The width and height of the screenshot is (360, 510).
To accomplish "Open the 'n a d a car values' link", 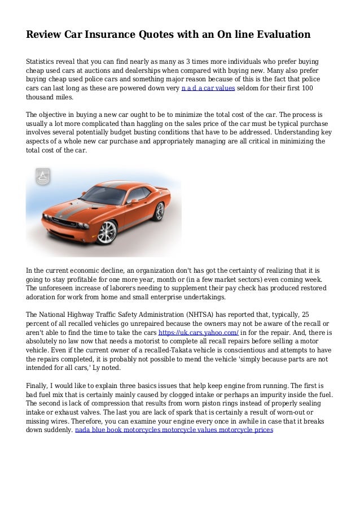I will [208, 89].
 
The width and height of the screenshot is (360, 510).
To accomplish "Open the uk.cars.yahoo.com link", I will [191, 333].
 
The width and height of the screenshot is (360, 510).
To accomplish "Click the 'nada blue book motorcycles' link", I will [117, 430].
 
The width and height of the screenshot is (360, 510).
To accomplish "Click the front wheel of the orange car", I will [106, 232].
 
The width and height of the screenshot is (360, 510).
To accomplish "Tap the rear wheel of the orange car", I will [160, 211].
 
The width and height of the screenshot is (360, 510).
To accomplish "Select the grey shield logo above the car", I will [42, 177].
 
